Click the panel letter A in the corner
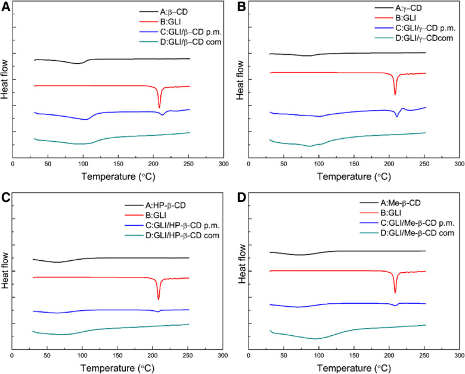pos(6,7)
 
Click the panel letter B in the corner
pos(242,7)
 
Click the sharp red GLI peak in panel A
pos(159,106)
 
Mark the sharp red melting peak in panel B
pos(395,93)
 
